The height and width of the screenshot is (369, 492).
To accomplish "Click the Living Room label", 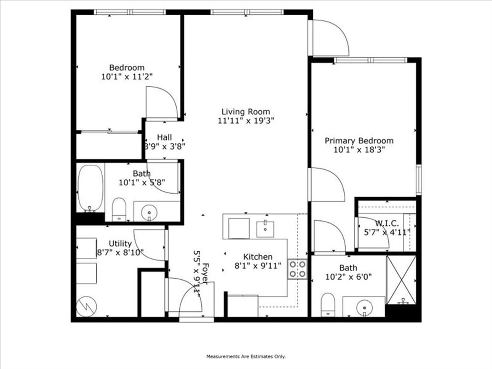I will click(x=245, y=111).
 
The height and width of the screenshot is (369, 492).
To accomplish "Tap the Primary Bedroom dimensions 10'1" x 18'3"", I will click(x=359, y=150).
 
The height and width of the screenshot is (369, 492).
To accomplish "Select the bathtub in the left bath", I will click(x=91, y=188).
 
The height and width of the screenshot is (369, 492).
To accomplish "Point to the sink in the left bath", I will click(x=150, y=212).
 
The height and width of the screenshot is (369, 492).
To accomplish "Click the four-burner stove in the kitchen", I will click(x=297, y=269).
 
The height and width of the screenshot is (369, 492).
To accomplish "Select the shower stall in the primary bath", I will click(x=401, y=280).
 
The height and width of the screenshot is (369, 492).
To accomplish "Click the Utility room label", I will click(x=120, y=244).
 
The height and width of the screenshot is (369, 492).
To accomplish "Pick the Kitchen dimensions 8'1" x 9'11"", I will click(x=258, y=265).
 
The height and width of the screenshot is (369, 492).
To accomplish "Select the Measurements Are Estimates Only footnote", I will click(x=246, y=356).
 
